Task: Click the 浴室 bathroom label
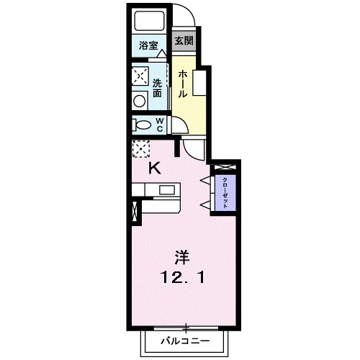click(x=149, y=45)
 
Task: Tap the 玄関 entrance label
click(x=183, y=41)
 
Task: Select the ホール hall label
click(x=183, y=84)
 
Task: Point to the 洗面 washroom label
click(x=158, y=89)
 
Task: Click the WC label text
click(x=159, y=124)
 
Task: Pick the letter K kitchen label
click(x=154, y=168)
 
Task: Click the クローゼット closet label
click(x=225, y=192)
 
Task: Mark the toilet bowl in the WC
click(x=140, y=125)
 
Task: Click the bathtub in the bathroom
click(x=148, y=22)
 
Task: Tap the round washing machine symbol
click(x=140, y=102)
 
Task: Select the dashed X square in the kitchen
click(x=140, y=148)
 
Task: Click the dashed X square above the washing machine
click(x=140, y=76)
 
